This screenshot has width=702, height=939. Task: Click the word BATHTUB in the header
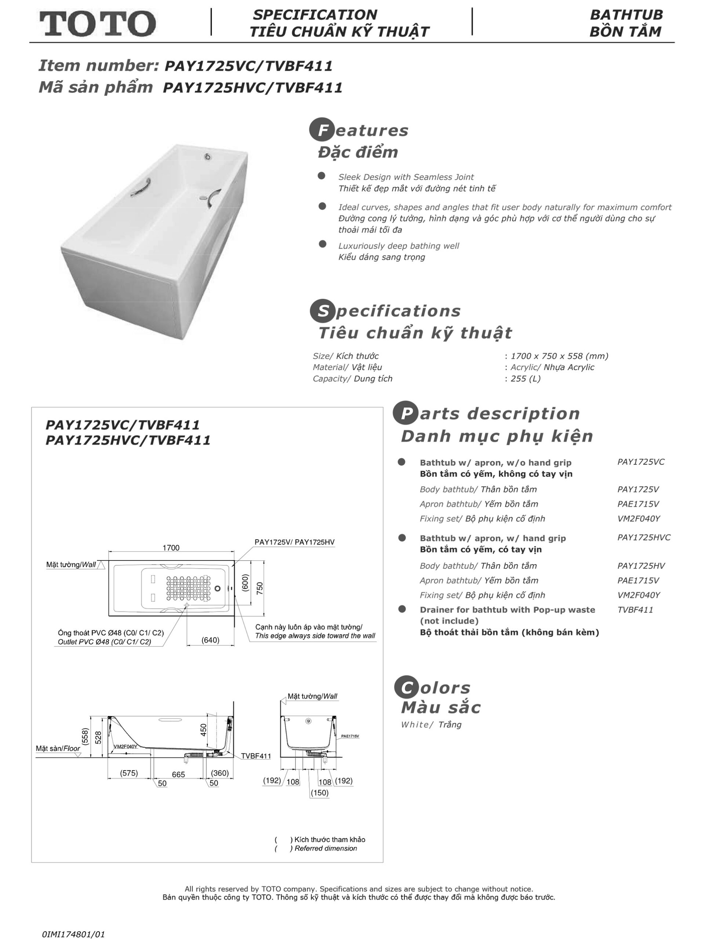[x=626, y=15]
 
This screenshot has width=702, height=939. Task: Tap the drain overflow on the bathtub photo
[x=208, y=157]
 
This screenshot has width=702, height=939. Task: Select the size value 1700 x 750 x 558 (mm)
[x=559, y=356]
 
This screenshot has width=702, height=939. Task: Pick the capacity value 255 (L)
[x=525, y=378]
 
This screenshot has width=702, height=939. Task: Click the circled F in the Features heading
[x=322, y=130]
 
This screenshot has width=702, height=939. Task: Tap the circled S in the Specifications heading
[x=323, y=311]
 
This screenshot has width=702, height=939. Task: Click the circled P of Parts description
[x=405, y=413]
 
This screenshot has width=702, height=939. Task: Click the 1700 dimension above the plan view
[x=171, y=548]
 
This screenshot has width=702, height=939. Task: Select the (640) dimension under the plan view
[x=210, y=640]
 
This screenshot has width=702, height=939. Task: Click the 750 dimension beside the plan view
[x=259, y=588]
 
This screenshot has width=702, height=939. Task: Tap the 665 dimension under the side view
[x=178, y=774]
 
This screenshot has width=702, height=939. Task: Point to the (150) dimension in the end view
[x=319, y=793]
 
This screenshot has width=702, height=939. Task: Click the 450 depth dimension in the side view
[x=203, y=730]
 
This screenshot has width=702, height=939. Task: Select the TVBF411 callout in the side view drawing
[x=256, y=756]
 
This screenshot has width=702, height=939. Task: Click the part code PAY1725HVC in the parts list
[x=643, y=537]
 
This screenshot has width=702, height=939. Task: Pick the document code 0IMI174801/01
[x=73, y=934]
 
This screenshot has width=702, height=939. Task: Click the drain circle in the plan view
[x=218, y=588]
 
